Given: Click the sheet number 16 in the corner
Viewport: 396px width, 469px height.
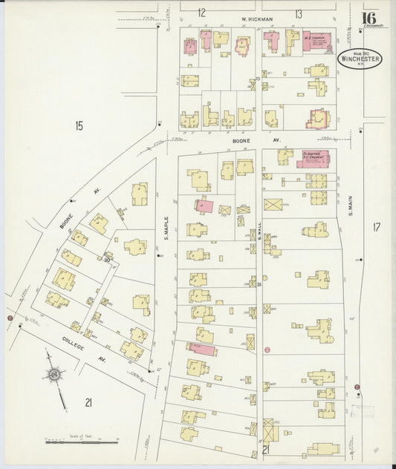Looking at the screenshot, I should [x=368, y=19].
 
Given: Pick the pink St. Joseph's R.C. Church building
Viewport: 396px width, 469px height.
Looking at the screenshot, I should [x=315, y=158].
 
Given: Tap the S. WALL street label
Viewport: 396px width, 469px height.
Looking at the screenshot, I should [x=259, y=237].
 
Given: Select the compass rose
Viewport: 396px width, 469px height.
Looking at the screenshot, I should [x=54, y=376].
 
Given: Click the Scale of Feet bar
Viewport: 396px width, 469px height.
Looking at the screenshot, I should [x=80, y=442].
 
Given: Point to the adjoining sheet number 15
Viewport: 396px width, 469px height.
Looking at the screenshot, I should [x=79, y=126].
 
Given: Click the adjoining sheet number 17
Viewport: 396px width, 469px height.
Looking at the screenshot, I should [x=376, y=226].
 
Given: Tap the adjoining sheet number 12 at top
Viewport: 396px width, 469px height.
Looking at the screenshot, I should [x=201, y=13].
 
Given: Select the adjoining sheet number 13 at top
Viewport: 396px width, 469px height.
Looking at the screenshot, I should [x=297, y=13].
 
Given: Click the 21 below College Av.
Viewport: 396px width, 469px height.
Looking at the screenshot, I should [x=88, y=402].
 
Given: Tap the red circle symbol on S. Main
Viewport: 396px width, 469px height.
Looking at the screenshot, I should [x=357, y=387].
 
